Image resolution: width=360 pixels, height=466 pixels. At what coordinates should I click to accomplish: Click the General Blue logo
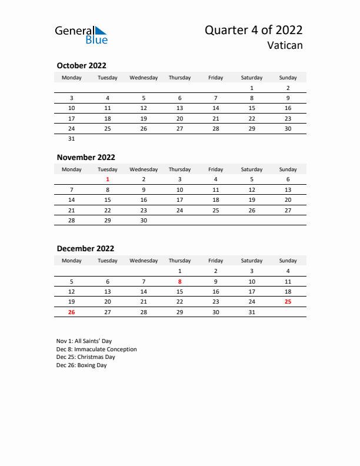[81, 35]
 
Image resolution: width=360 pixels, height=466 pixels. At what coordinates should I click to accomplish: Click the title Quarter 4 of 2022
[254, 31]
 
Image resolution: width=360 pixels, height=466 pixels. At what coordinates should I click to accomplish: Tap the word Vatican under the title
[285, 46]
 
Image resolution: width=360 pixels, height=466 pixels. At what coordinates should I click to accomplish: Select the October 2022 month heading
[81, 65]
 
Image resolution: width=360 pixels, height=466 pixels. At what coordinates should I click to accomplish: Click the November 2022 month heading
[86, 157]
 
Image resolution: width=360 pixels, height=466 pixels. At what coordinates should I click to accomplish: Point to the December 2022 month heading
[85, 248]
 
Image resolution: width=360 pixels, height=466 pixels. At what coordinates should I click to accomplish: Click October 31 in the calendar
[72, 139]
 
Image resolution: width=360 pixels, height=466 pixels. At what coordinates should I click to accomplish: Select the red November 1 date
[108, 179]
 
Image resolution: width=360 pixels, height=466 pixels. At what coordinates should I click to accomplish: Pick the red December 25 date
[288, 302]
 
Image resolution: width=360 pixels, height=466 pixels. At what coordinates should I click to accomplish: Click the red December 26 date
[72, 312]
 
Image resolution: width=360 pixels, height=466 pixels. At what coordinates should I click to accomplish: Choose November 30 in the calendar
[144, 221]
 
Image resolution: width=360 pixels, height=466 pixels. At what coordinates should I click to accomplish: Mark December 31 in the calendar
[252, 312]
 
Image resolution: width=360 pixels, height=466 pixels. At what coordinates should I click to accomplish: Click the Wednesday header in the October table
[144, 78]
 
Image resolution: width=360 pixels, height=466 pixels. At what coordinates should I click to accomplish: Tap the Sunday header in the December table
[288, 261]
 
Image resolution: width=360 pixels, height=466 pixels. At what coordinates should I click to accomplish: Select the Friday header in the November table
[216, 169]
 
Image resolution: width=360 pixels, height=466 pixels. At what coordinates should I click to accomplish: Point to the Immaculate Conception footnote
[96, 349]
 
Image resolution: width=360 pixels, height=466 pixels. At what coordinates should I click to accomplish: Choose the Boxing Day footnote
[82, 365]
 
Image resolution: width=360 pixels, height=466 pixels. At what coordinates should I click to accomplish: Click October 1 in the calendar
[252, 88]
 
